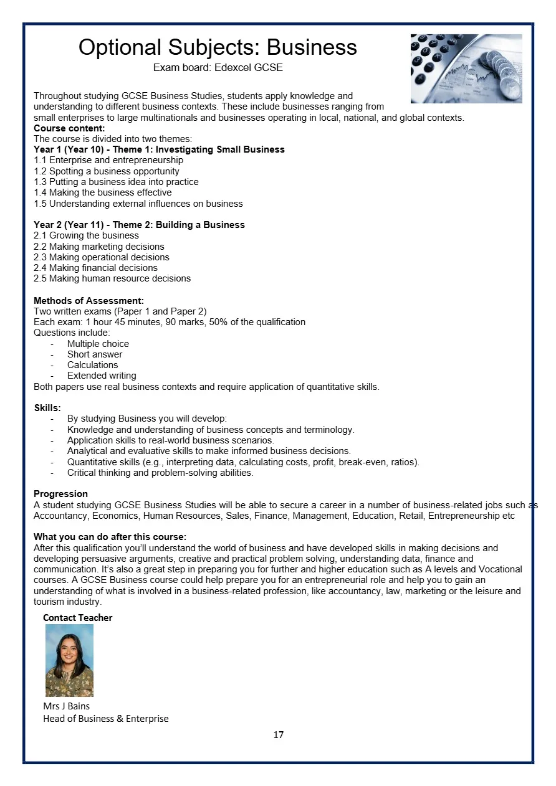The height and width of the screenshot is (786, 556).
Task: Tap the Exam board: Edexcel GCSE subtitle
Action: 218,67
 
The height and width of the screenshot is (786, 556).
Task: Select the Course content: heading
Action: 69,128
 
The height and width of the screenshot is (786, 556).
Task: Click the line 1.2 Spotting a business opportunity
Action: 107,171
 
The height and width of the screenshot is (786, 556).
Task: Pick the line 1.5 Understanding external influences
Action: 138,204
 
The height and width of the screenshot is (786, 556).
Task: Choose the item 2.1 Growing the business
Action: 86,235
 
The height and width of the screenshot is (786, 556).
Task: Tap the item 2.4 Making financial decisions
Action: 95,268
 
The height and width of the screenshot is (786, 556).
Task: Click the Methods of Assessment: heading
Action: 89,301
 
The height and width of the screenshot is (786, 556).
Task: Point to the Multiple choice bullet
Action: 98,344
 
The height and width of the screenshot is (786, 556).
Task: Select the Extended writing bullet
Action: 102,376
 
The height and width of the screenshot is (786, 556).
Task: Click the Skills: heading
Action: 47,408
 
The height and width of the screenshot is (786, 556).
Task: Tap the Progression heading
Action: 60,494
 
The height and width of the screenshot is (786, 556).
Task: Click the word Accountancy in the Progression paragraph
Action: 60,516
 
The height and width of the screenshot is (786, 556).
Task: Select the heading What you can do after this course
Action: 110,537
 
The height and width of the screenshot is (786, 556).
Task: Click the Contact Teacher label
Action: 77,618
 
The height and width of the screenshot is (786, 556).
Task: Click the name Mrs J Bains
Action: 66,706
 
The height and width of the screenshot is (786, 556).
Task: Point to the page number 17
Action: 278,735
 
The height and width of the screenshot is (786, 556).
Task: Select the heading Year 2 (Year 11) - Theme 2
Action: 139,225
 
